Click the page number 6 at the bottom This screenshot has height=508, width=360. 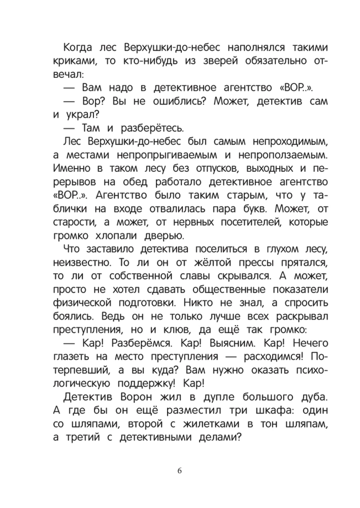point(180,470)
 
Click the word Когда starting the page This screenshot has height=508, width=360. point(78,48)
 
